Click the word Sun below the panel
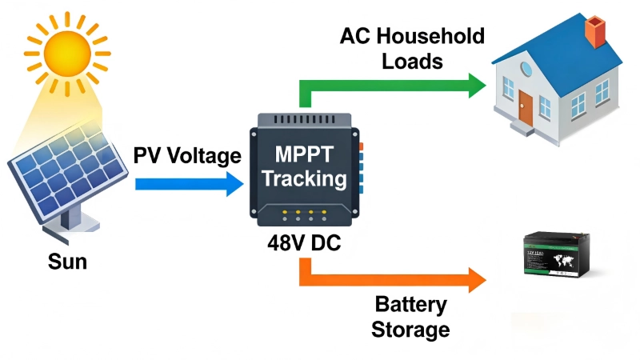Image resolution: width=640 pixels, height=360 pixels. click(67, 261)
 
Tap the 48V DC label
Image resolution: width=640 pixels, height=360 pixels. click(304, 242)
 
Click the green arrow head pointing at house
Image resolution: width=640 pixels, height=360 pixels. click(476, 85)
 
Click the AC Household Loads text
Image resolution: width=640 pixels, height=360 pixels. click(412, 48)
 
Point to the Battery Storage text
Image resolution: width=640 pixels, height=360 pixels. click(411, 317)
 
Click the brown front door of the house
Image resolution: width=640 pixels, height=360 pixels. click(525, 107)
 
